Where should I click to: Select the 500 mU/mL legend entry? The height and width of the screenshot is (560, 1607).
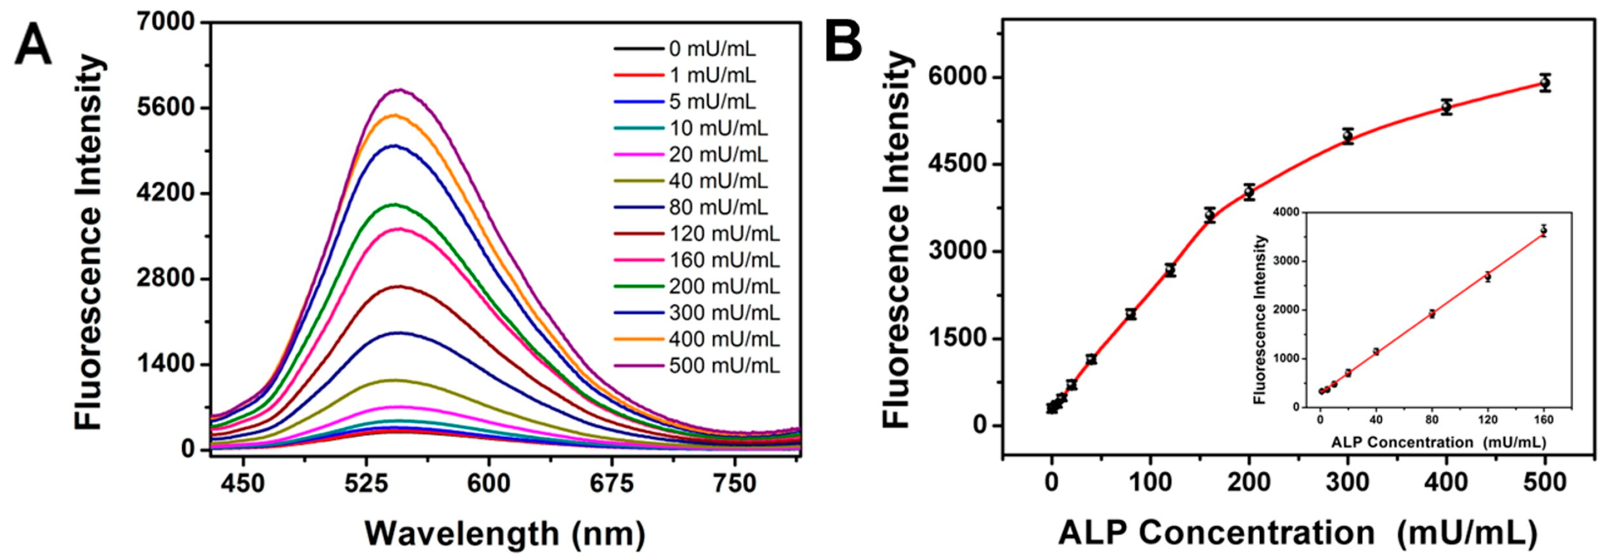coord(724,366)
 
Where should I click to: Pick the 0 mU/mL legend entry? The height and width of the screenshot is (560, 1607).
coord(712,49)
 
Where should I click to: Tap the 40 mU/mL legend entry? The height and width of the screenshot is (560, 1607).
coord(718,181)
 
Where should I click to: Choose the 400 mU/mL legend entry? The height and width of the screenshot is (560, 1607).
coord(724,340)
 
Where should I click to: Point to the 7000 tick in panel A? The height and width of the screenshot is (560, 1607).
coord(167,23)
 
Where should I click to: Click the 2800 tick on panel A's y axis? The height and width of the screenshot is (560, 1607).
coord(167,279)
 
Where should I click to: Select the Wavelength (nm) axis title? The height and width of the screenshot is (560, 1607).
coord(505,534)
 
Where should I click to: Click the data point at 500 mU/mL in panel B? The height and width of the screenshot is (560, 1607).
coord(1545,83)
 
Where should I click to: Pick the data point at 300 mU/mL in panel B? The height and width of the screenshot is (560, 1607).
coord(1347,136)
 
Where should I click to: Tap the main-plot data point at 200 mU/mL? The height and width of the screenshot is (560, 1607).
coord(1249,193)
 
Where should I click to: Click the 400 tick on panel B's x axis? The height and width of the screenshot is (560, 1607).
coord(1446,483)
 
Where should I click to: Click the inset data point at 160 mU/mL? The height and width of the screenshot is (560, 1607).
coord(1543,231)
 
